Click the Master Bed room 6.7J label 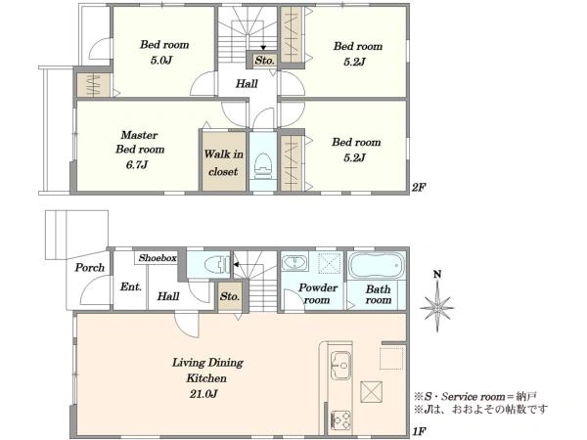(x=140, y=150)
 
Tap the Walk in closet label (x=223, y=162)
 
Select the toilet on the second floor (x=263, y=165)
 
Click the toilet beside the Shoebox (x=217, y=265)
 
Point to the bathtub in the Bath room (x=377, y=265)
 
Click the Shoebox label (x=158, y=258)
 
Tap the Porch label (x=89, y=268)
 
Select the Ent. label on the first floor (x=131, y=286)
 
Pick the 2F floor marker (x=419, y=187)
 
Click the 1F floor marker (x=419, y=431)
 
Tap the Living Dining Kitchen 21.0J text (x=207, y=377)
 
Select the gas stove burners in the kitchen (x=340, y=420)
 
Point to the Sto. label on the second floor (x=265, y=60)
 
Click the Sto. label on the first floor (x=230, y=296)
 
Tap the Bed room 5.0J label (x=164, y=52)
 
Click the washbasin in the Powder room (x=295, y=262)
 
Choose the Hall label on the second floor (x=247, y=83)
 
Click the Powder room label (x=318, y=293)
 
